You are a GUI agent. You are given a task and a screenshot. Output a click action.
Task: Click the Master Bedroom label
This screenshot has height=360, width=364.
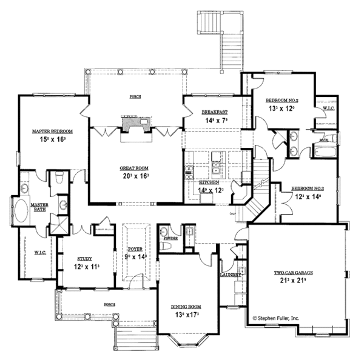(x=53, y=131)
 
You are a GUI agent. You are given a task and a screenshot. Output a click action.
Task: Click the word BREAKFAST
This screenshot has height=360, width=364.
(x=214, y=112)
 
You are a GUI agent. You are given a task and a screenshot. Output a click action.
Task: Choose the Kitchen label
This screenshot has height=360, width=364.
(x=209, y=182)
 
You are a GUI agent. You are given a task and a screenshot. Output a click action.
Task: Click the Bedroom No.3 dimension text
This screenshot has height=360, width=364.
(x=306, y=198)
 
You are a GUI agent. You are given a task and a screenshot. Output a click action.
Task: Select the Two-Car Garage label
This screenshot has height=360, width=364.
(x=292, y=273)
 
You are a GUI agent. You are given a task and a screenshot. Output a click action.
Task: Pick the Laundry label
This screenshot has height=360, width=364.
(x=231, y=275)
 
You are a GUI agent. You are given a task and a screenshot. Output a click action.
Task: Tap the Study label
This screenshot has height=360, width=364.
(x=84, y=258)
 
